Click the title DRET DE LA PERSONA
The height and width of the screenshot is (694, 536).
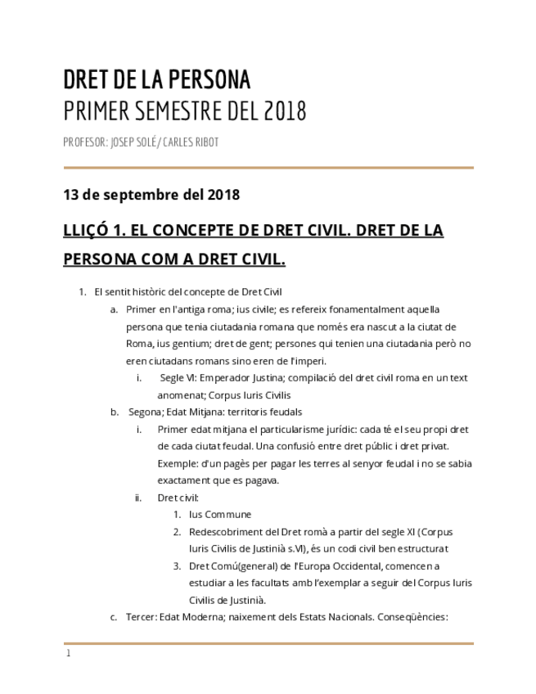point(156,79)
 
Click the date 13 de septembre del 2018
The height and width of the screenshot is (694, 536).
point(151,195)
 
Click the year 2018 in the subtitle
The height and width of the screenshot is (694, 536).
point(285,110)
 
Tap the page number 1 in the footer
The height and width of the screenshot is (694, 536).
point(69,653)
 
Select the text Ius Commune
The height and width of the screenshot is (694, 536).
point(220,514)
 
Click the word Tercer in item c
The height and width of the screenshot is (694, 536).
point(142,616)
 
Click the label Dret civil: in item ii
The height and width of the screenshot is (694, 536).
point(178,497)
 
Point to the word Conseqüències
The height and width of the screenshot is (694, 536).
point(412,616)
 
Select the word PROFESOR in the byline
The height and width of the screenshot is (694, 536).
point(84,142)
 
